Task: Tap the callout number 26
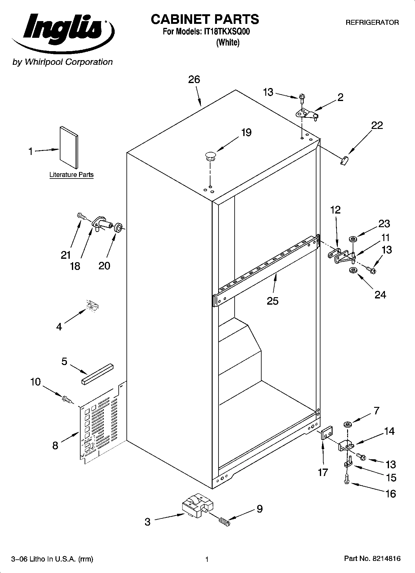click(194, 80)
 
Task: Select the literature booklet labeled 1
click(69, 147)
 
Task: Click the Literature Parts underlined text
click(71, 175)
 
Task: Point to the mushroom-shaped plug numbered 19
click(210, 156)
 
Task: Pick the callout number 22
click(377, 126)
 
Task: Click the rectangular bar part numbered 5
click(98, 374)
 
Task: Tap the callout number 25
click(273, 301)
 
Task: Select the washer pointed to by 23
click(353, 239)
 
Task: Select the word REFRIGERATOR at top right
click(372, 23)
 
